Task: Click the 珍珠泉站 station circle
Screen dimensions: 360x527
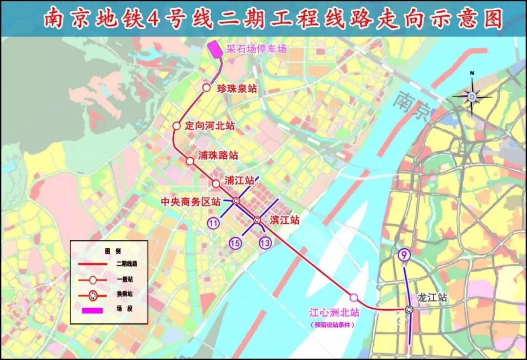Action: (206, 88)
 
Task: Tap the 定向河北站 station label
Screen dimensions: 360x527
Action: (210, 126)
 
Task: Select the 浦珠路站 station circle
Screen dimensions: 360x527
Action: (190, 160)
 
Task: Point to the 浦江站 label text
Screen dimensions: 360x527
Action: (239, 180)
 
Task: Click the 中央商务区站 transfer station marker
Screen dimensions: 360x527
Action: (236, 200)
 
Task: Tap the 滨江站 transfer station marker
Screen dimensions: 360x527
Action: (257, 220)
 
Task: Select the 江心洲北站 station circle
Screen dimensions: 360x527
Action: (354, 297)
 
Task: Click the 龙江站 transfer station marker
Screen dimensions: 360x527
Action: (409, 309)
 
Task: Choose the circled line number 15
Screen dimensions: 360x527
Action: (236, 243)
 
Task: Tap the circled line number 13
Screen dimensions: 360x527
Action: (265, 242)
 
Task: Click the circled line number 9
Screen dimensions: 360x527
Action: (404, 254)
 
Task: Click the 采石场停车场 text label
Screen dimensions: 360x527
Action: (256, 49)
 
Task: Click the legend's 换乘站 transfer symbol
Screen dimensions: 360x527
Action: (92, 295)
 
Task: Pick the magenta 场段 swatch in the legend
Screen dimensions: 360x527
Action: (92, 310)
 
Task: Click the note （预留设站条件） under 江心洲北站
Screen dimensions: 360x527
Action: (332, 324)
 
